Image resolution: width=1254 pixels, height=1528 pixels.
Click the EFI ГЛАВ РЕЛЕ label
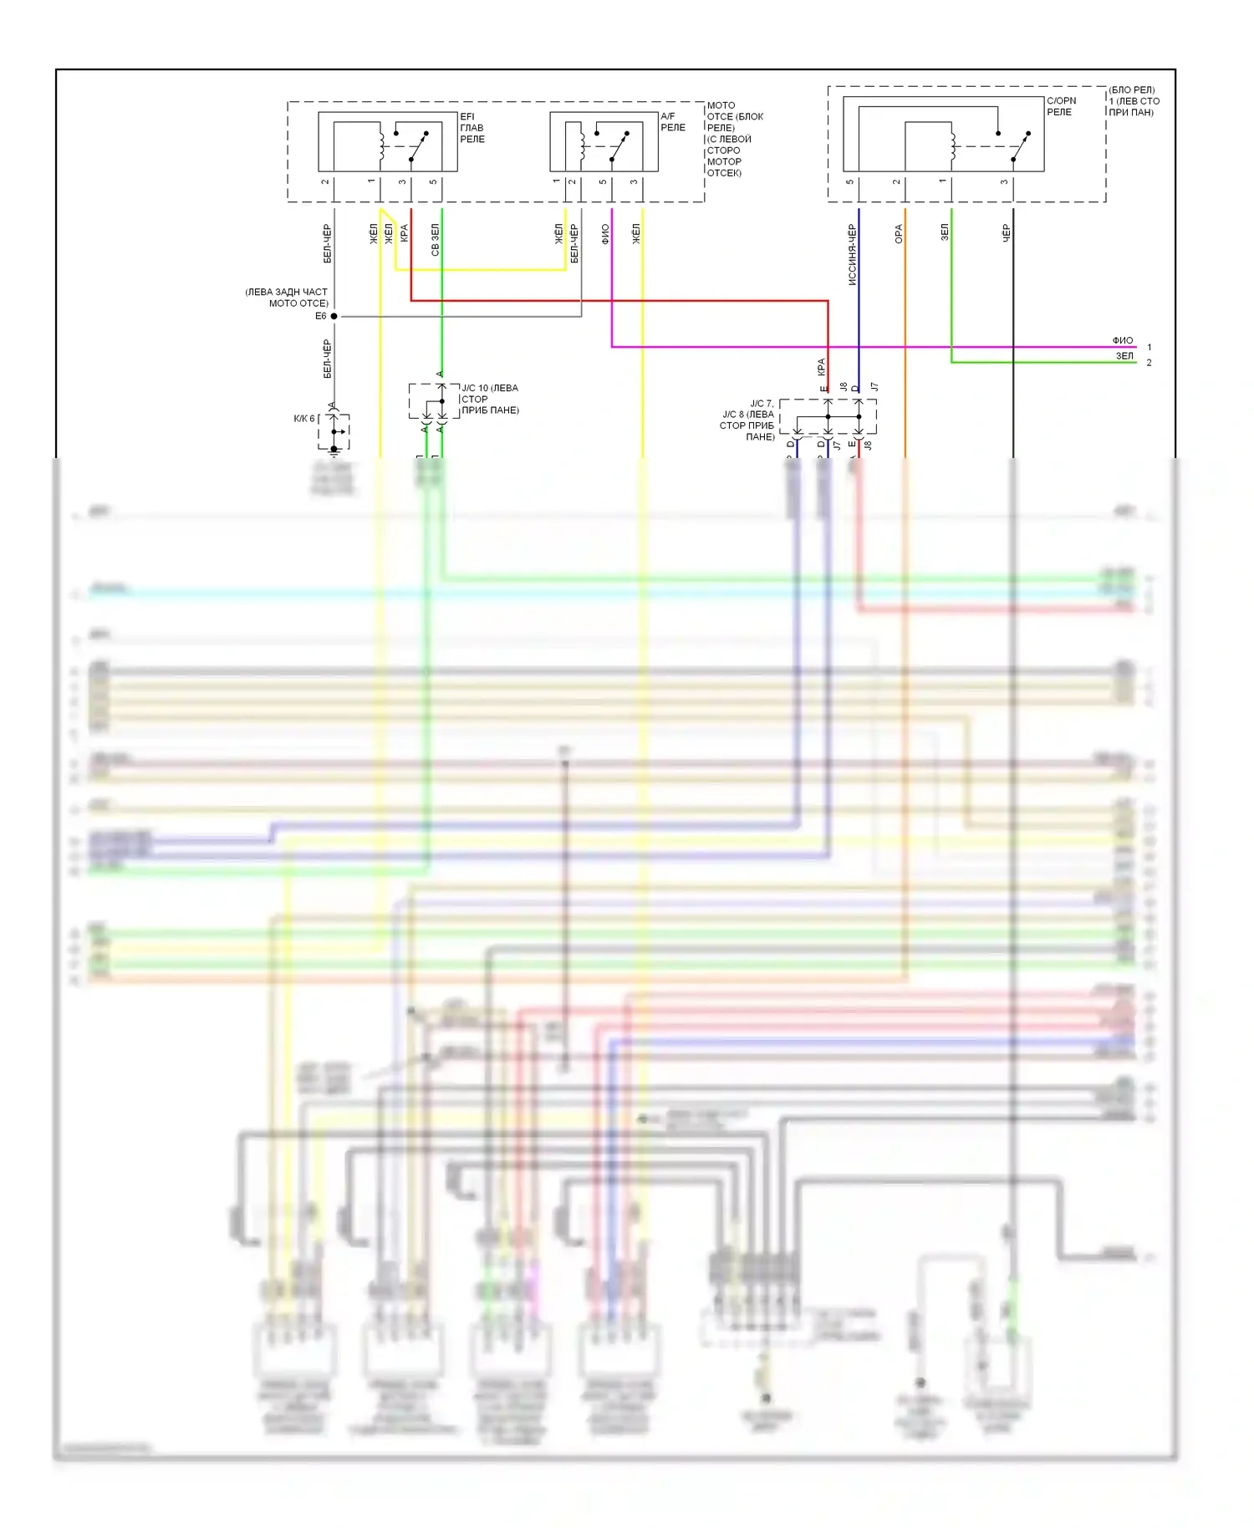(x=472, y=128)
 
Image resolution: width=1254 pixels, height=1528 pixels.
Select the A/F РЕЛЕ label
(x=672, y=122)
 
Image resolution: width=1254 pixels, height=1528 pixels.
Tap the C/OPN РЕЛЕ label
(x=1061, y=106)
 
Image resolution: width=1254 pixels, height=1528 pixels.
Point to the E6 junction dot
(x=334, y=316)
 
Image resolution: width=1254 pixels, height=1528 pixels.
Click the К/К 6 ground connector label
(x=303, y=419)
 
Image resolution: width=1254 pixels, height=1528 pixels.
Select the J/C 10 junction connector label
(x=490, y=399)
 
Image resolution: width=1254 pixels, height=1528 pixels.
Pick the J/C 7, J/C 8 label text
(x=748, y=420)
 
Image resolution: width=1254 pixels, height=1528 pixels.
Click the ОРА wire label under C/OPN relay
(x=899, y=234)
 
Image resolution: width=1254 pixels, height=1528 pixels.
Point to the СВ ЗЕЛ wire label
(x=435, y=239)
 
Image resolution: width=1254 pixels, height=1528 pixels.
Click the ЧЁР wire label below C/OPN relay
(x=1006, y=233)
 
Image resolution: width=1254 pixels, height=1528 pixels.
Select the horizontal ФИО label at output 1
(x=1123, y=340)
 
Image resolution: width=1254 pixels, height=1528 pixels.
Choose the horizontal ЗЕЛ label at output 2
(x=1125, y=356)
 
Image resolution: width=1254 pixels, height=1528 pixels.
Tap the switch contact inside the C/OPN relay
(x=1021, y=146)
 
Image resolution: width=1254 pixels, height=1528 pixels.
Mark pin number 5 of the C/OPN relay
(x=849, y=181)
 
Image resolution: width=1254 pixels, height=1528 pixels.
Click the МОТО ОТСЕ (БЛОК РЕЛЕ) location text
(x=734, y=139)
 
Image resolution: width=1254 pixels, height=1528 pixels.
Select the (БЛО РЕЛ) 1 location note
(x=1134, y=101)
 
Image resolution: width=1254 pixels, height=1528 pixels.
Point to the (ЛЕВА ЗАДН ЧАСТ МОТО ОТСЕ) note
(x=286, y=298)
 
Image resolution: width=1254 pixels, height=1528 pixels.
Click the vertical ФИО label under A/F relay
(x=605, y=234)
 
